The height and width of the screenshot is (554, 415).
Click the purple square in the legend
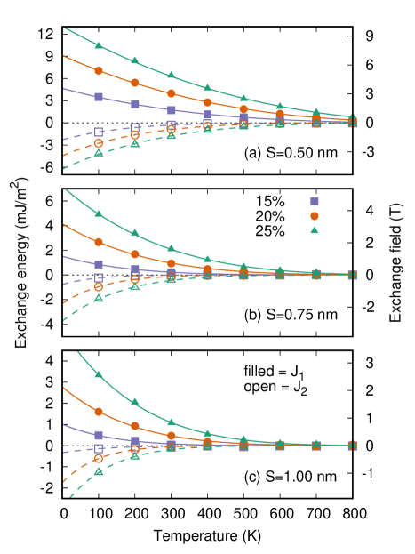point(314,201)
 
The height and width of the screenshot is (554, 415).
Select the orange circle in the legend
point(314,216)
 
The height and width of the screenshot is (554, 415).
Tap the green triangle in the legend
point(314,230)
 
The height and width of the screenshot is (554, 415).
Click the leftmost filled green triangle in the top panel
point(99,44)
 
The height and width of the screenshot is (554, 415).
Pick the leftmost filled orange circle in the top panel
point(99,71)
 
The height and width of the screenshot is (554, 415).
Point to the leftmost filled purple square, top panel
point(99,96)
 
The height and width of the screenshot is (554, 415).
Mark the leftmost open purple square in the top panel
point(99,132)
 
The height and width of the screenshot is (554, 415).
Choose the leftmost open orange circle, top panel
point(99,143)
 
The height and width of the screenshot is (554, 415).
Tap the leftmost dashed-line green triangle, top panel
point(99,153)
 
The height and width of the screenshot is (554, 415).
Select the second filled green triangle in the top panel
point(135,60)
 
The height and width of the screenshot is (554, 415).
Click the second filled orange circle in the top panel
point(135,83)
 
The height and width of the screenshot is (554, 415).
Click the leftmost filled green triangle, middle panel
point(99,213)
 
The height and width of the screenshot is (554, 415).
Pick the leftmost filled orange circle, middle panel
point(99,242)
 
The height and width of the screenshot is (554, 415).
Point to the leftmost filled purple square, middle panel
point(99,264)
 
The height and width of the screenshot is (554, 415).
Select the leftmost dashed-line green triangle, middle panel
point(99,297)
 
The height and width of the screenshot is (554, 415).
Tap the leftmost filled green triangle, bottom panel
point(99,374)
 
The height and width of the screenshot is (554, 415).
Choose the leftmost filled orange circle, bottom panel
point(99,412)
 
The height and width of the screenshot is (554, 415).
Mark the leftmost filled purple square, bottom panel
point(99,435)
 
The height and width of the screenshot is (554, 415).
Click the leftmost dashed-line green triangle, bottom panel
point(99,470)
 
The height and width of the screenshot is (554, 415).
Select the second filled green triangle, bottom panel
point(135,402)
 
